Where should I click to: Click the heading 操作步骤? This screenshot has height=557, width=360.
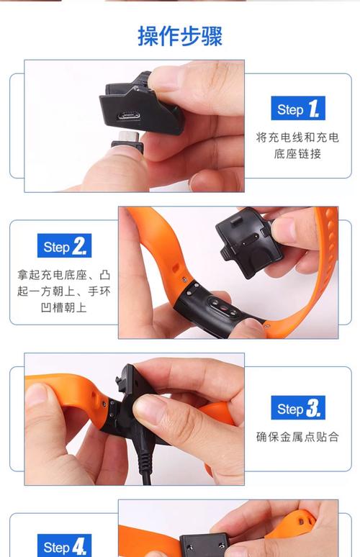tap(179, 36)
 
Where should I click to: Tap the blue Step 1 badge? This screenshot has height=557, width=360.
tap(297, 109)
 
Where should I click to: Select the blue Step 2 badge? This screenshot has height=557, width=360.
tap(65, 247)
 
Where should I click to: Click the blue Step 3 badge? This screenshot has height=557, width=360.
tap(297, 409)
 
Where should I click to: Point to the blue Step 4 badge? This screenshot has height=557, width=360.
tap(65, 546)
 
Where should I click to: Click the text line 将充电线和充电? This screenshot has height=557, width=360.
tap(297, 137)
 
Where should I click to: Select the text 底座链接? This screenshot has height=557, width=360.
tap(297, 154)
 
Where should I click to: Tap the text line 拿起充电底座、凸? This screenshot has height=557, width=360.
tap(65, 275)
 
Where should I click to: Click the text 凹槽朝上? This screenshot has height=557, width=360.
tap(65, 307)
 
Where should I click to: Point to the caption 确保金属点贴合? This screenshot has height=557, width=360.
tap(297, 437)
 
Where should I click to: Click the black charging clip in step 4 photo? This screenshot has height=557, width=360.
tap(204, 545)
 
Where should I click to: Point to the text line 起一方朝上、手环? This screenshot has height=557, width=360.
tap(65, 291)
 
